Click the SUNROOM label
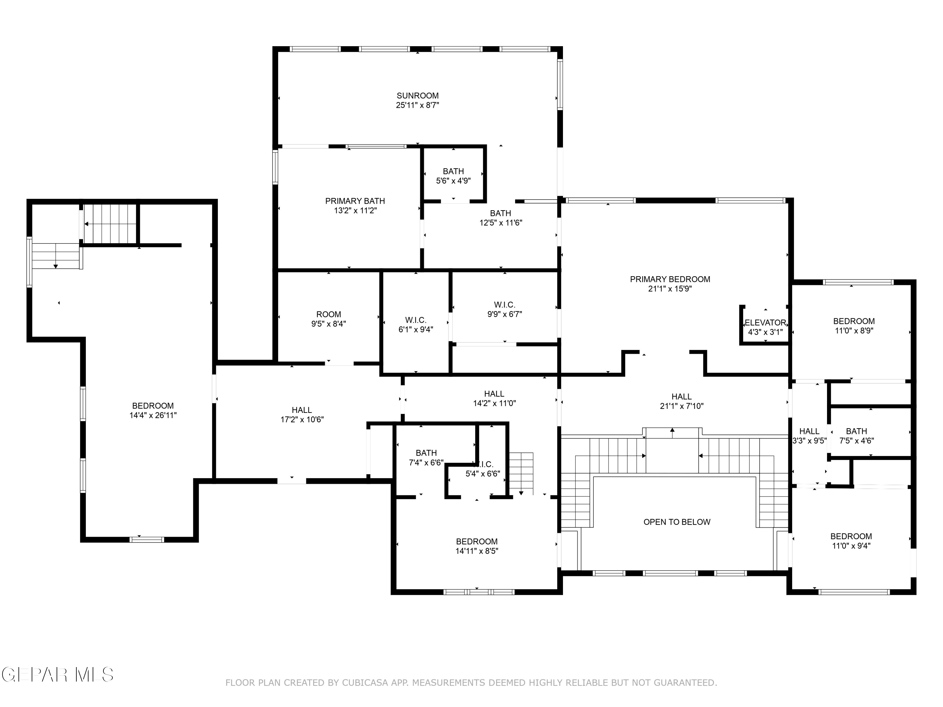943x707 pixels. (417, 96)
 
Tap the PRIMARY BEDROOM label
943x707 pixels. (670, 279)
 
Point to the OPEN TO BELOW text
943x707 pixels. (677, 522)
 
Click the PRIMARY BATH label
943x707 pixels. (355, 201)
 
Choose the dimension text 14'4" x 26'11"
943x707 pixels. (153, 415)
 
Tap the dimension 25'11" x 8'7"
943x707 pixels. (417, 105)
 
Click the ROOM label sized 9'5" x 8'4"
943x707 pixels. (329, 315)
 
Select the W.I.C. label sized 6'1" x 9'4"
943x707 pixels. (416, 320)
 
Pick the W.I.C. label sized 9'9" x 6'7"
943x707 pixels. (505, 305)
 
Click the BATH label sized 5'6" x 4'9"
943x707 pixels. (453, 171)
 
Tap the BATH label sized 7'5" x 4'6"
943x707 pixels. (857, 431)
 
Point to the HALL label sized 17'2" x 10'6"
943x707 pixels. (302, 410)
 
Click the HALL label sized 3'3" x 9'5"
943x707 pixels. (809, 431)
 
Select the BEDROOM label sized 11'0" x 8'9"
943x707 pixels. (854, 321)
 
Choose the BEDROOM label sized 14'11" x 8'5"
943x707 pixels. (477, 542)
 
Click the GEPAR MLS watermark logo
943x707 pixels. (58, 675)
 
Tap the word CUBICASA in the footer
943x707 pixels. (365, 683)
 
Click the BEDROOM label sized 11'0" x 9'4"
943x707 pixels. (851, 537)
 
